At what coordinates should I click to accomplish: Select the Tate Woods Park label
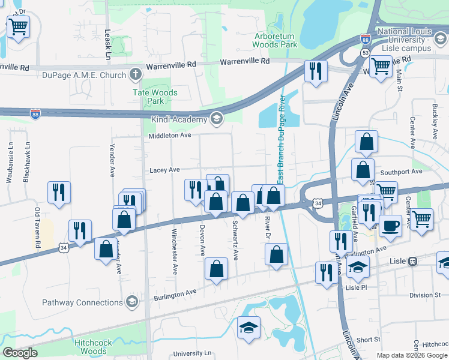click(155, 97)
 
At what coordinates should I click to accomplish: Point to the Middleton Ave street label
click(170, 136)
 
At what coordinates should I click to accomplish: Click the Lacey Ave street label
click(165, 170)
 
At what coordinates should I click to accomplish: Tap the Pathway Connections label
click(82, 302)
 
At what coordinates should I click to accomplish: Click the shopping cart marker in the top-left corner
click(18, 26)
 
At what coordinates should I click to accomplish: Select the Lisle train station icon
click(413, 261)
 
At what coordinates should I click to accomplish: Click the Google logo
click(20, 353)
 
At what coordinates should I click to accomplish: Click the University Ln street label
click(193, 354)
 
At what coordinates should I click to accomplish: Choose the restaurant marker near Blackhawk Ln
click(59, 192)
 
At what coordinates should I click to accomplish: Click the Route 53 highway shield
click(364, 52)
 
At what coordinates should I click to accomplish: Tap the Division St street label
click(425, 295)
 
